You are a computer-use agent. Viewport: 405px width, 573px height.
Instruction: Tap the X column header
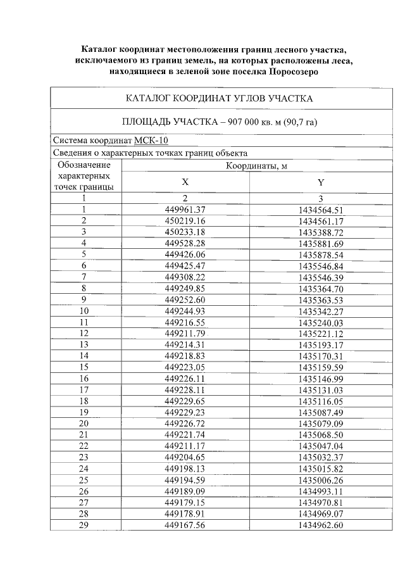(x=185, y=182)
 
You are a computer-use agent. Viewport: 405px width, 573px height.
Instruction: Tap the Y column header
(x=321, y=182)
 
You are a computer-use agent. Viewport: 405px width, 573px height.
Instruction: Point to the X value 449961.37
(x=185, y=210)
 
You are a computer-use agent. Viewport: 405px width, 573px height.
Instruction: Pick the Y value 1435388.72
(x=321, y=232)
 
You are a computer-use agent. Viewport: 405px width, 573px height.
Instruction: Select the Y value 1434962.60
(x=321, y=525)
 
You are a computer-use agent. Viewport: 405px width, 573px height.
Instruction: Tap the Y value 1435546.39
(x=321, y=277)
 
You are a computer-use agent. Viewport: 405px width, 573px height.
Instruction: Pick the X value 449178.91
(x=185, y=513)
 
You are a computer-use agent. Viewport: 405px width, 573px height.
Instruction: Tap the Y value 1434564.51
(x=321, y=210)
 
